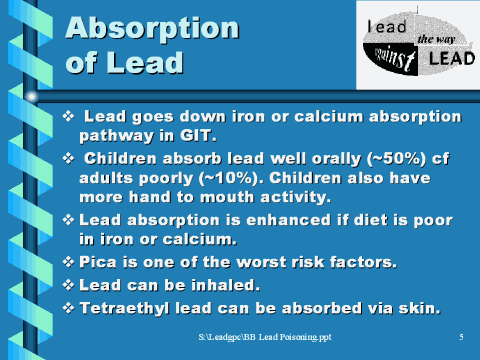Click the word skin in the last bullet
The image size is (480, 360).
(418, 307)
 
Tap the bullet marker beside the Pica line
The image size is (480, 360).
(69, 263)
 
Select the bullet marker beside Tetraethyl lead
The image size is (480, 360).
(69, 307)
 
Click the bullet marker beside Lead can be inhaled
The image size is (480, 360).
(69, 285)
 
